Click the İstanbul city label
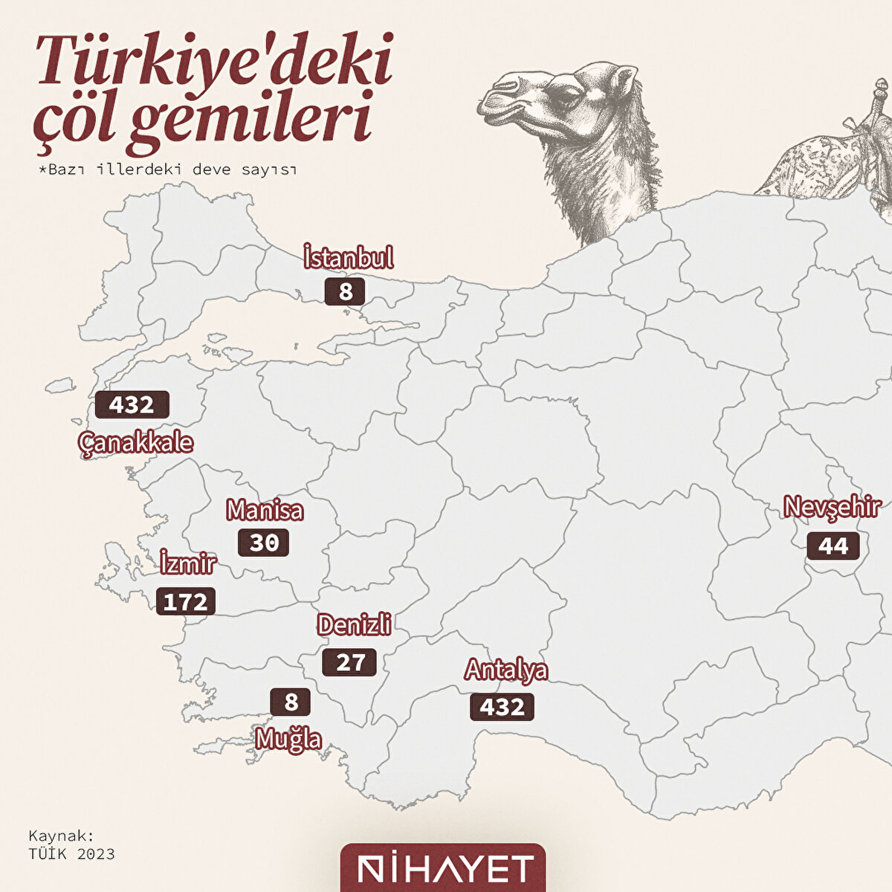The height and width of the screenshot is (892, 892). (348, 258)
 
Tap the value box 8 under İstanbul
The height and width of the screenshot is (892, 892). (345, 291)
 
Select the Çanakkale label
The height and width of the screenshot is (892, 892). (135, 443)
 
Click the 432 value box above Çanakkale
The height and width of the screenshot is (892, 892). (132, 405)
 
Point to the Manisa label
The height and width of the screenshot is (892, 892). (265, 511)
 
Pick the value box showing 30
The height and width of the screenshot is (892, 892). (263, 543)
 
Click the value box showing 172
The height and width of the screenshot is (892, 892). (186, 601)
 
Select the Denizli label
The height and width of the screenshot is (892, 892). (354, 625)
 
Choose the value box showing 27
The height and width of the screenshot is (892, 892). (349, 662)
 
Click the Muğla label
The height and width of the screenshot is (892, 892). (288, 740)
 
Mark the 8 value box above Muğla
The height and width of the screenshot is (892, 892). (290, 702)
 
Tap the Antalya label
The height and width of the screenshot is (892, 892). (506, 670)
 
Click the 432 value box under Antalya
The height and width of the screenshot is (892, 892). (502, 707)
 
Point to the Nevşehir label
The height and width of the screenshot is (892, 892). (833, 508)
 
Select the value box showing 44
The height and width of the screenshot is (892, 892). (833, 546)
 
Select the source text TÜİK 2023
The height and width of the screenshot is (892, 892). (71, 853)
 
